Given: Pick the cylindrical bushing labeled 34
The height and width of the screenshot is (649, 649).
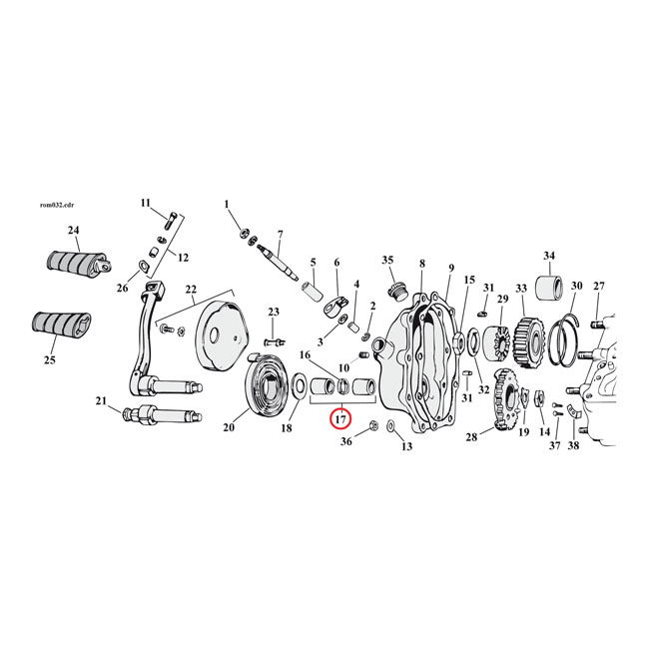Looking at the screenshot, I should click(x=549, y=289).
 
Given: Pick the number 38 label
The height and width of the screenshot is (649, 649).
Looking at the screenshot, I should click(x=574, y=445).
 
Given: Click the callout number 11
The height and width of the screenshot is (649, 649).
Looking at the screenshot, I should click(x=145, y=203).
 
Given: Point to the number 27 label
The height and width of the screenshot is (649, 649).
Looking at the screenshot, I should click(x=598, y=287).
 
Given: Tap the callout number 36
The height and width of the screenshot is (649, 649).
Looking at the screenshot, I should click(x=346, y=440).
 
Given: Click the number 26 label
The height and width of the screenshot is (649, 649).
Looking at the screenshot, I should click(x=123, y=290).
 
